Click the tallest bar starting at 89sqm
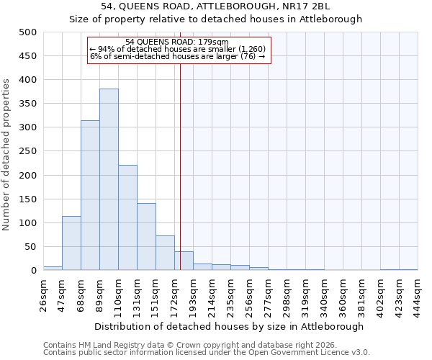pyautogui.click(x=109, y=180)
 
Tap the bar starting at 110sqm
pyautogui.click(x=127, y=218)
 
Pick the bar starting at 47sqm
pyautogui.click(x=71, y=243)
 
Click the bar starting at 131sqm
pyautogui.click(x=146, y=237)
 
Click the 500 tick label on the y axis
pyautogui.click(x=28, y=32)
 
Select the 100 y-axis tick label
pyautogui.click(x=28, y=223)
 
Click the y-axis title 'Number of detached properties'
pyautogui.click(x=6, y=155)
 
